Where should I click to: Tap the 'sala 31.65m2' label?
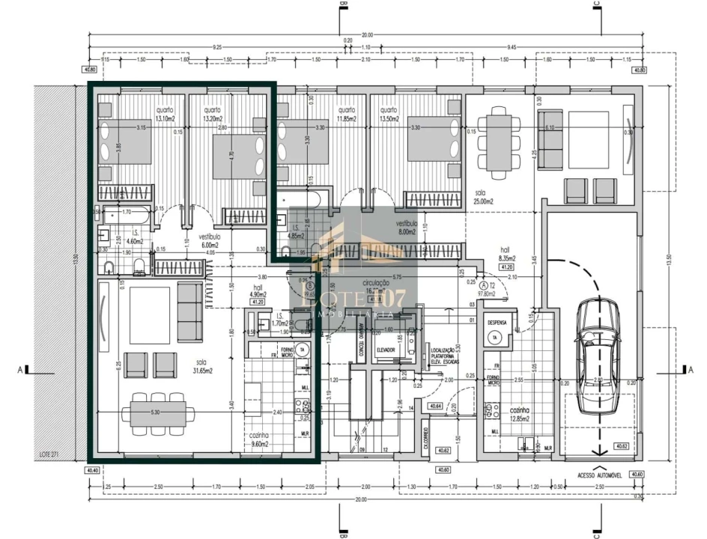[203, 366]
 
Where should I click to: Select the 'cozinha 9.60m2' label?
[260, 439]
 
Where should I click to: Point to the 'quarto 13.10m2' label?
[165, 114]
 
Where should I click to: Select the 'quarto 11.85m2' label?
[346, 114]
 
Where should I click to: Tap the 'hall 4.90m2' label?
[258, 290]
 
